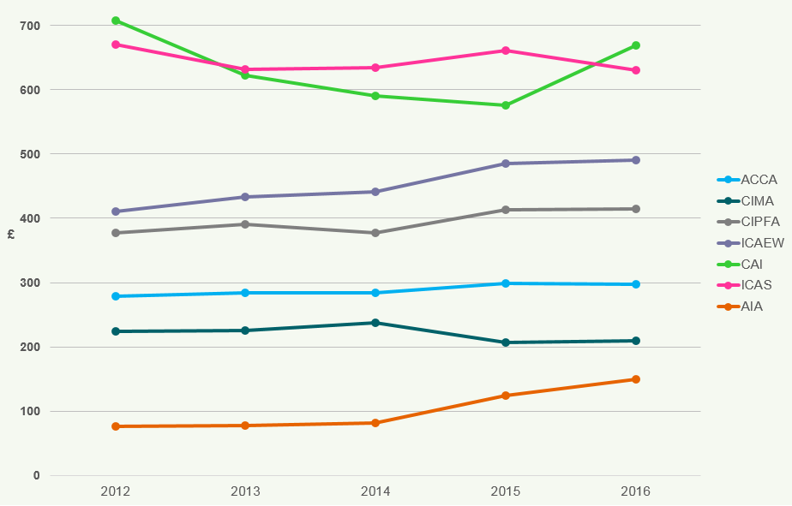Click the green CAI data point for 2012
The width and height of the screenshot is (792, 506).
[115, 21]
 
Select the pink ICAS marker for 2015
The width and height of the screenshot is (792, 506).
[506, 51]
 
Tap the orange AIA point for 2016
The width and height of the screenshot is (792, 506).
[636, 379]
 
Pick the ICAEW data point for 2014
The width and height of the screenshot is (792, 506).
[375, 192]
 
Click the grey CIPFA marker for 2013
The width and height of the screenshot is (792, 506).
[245, 224]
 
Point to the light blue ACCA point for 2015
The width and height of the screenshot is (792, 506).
[506, 283]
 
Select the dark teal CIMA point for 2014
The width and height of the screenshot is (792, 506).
[375, 323]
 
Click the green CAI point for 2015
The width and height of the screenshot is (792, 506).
[506, 105]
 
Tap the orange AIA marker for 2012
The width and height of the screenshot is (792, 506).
[115, 426]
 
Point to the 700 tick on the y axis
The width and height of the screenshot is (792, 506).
[30, 26]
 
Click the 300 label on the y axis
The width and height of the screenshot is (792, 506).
[30, 283]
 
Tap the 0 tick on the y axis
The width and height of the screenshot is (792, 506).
[36, 476]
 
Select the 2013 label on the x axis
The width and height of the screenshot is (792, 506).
[245, 491]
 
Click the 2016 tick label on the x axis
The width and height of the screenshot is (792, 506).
[636, 491]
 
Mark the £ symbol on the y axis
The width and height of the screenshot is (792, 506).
[11, 234]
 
